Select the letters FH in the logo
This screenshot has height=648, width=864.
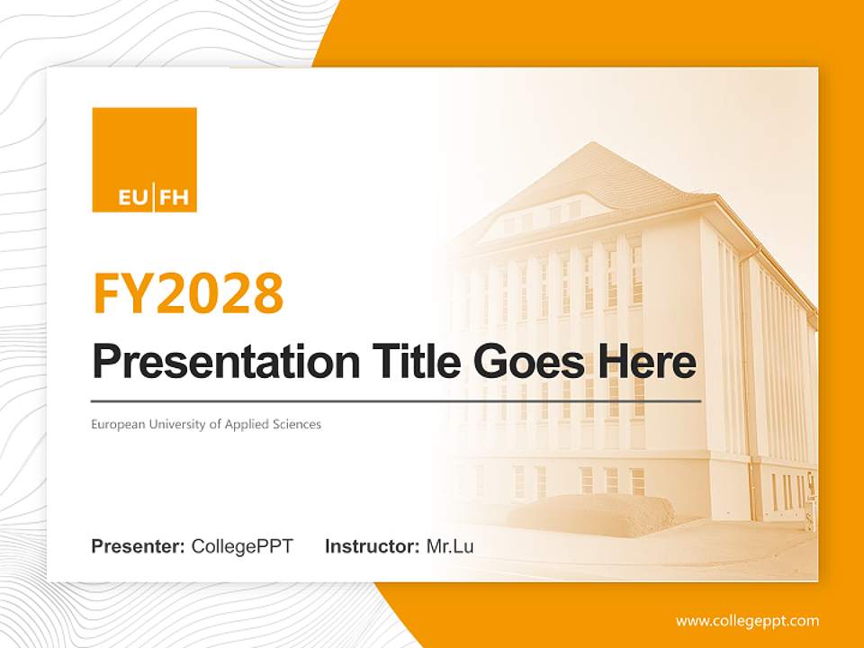click(x=174, y=198)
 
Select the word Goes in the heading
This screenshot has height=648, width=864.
click(x=522, y=362)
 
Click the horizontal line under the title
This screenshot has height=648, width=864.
click(x=396, y=401)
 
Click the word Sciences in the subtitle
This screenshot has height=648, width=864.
click(x=298, y=424)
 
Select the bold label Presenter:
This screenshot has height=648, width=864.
click(x=138, y=546)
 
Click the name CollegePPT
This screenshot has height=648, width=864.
click(x=242, y=546)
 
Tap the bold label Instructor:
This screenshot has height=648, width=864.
click(x=372, y=546)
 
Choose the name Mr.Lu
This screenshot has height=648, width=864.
click(x=450, y=546)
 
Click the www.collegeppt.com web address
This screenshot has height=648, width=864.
click(x=747, y=621)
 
